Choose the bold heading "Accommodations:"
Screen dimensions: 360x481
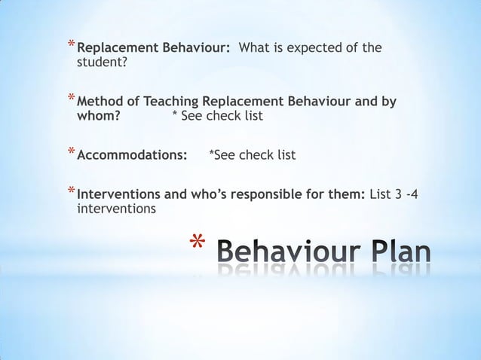tap(133, 155)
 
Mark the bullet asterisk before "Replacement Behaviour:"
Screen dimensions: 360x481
tap(70, 45)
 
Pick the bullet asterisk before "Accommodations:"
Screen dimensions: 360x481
tap(70, 151)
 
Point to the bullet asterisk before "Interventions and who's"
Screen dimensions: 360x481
tap(70, 191)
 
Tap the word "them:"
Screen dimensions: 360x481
tap(348, 194)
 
